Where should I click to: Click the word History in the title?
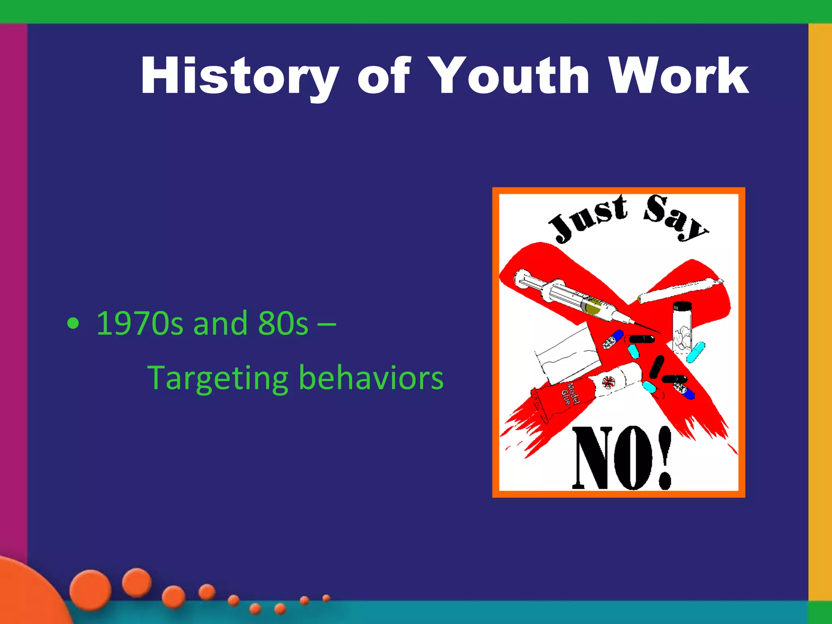point(240,76)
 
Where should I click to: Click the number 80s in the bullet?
point(283,323)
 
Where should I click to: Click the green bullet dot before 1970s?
point(73,324)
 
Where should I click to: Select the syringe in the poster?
point(577,299)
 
